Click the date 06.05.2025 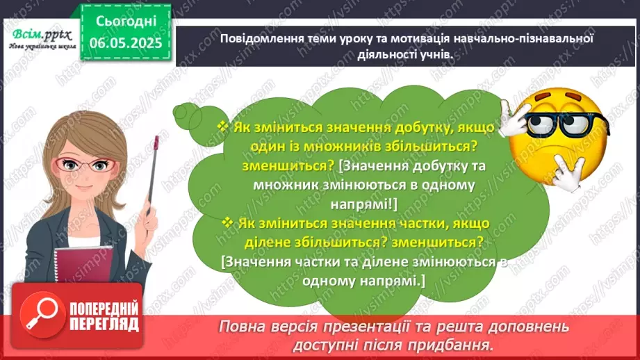[x=126, y=43]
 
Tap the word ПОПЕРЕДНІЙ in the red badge [x=104, y=309]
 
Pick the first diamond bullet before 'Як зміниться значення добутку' [x=224, y=126]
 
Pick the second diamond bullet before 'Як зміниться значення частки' [x=227, y=222]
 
